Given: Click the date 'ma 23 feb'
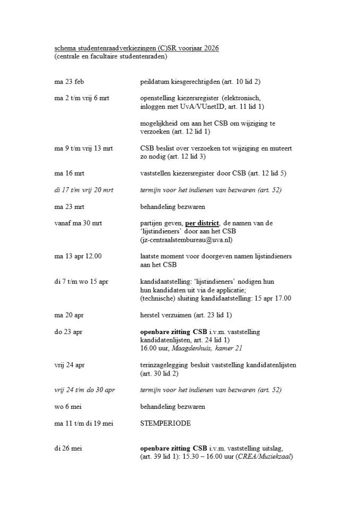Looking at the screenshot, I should [69, 82].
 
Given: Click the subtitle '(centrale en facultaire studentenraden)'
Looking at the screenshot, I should [110, 56].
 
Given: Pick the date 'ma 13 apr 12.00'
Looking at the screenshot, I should [78, 256].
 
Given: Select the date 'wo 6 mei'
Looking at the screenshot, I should [67, 407].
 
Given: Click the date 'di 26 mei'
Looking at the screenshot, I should [68, 449].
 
